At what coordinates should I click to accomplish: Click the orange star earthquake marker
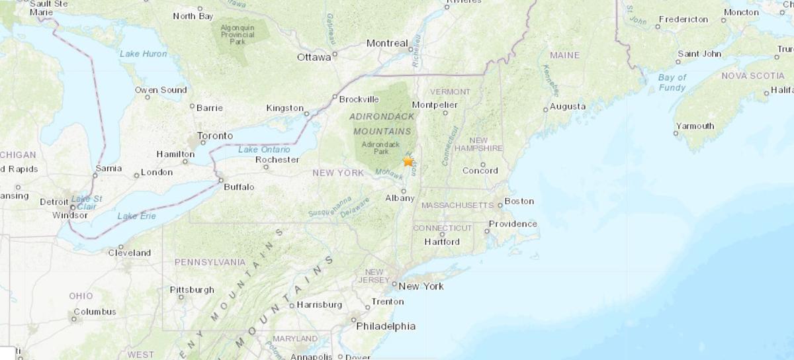pyautogui.click(x=408, y=161)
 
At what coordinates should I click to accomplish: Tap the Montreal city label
pyautogui.click(x=387, y=44)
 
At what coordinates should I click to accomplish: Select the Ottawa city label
pyautogui.click(x=314, y=57)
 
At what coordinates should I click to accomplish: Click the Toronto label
pyautogui.click(x=215, y=136)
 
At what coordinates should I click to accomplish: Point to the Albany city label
pyautogui.click(x=400, y=198)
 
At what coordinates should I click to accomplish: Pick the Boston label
pyautogui.click(x=519, y=201)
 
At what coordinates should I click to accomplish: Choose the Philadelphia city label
pyautogui.click(x=386, y=326)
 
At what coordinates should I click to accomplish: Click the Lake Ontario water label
pyautogui.click(x=259, y=149)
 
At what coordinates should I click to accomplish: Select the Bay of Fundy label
pyautogui.click(x=672, y=82)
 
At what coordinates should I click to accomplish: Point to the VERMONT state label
pyautogui.click(x=450, y=91)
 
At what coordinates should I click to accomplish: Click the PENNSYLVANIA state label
pyautogui.click(x=210, y=262)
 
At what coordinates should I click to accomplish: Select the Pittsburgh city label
pyautogui.click(x=192, y=289)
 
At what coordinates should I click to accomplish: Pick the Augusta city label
pyautogui.click(x=568, y=106)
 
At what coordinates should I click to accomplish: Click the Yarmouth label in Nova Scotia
pyautogui.click(x=695, y=126)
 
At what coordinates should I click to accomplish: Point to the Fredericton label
pyautogui.click(x=683, y=19)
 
